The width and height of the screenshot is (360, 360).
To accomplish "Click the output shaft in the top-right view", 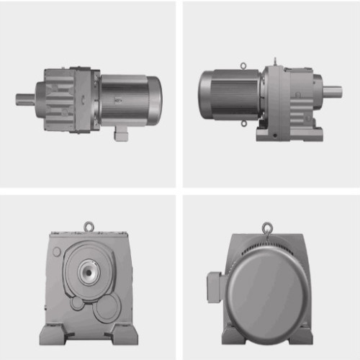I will [x=333, y=91].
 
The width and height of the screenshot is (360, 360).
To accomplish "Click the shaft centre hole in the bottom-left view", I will [x=89, y=272].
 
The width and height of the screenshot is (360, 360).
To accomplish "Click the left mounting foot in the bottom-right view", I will [x=232, y=336].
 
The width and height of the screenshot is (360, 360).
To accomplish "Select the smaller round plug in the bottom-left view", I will [x=77, y=304].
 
